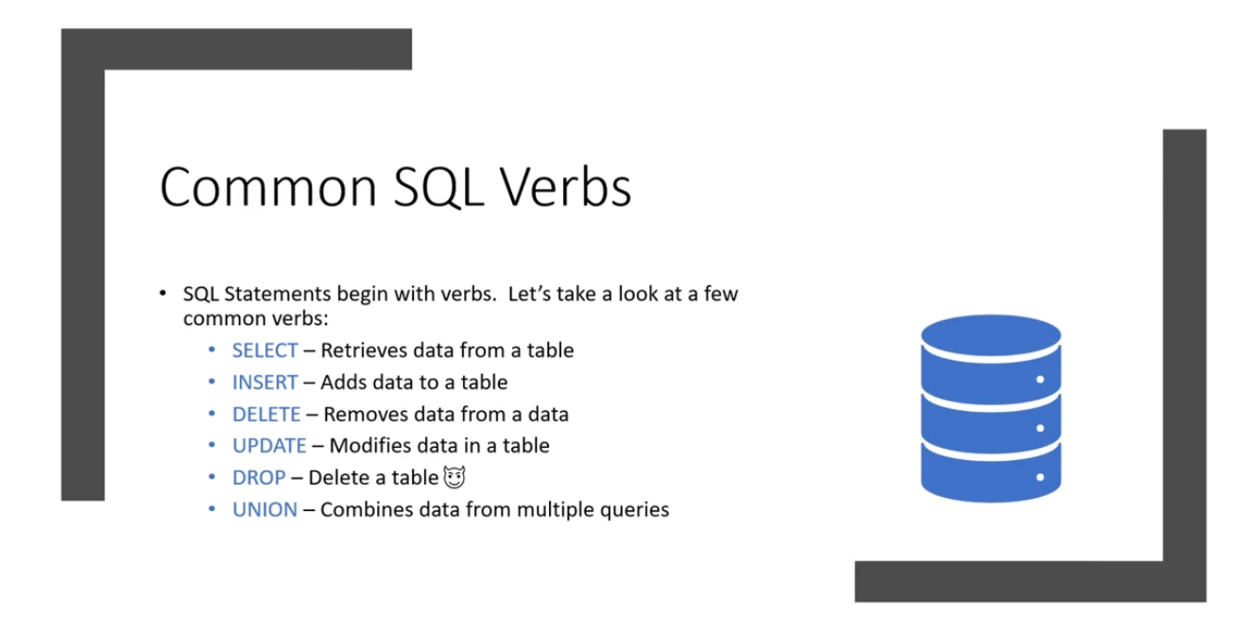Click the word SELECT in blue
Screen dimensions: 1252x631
[x=265, y=350]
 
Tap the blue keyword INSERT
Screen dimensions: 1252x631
[x=265, y=383]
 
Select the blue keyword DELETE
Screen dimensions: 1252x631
[x=266, y=414]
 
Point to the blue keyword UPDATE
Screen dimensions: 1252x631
[x=269, y=446]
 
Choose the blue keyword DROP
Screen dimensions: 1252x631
[x=259, y=477]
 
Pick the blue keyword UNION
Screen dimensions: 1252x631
[x=265, y=509]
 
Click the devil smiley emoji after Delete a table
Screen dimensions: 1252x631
[x=454, y=477]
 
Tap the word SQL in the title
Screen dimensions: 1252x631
[x=438, y=188]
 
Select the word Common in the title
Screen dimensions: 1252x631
[x=268, y=188]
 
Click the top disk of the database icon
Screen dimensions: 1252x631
[x=991, y=334]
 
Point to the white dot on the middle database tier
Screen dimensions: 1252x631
[x=1040, y=428]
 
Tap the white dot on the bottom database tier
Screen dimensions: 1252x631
[x=1040, y=477]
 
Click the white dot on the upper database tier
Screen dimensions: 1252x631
[x=1040, y=380]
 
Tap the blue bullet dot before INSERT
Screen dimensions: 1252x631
[x=212, y=382]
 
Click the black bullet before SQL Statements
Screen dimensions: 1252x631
[x=163, y=293]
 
